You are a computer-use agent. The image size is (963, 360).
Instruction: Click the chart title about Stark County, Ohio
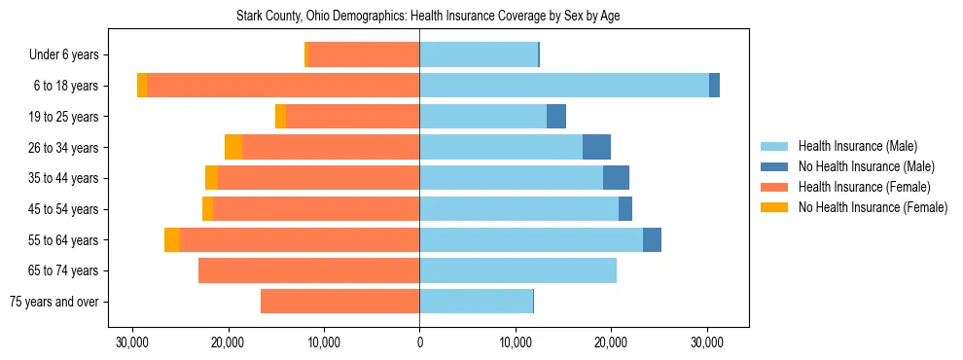[428, 17]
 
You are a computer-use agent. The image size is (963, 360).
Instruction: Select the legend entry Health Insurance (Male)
[856, 146]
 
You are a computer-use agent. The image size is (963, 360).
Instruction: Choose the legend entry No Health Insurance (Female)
[873, 207]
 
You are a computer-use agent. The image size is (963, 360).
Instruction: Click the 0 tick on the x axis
[419, 342]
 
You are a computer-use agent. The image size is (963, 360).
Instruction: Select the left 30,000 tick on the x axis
[132, 342]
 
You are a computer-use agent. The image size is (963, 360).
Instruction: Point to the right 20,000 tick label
[611, 342]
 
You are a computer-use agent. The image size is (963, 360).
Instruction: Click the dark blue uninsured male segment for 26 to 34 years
[596, 147]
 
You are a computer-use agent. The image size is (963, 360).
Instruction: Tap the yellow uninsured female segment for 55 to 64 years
[172, 239]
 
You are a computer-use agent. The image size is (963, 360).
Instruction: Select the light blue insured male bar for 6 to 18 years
[564, 86]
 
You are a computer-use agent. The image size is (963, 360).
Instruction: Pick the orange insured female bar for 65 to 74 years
[308, 270]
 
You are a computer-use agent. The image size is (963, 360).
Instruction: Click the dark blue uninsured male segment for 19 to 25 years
[556, 117]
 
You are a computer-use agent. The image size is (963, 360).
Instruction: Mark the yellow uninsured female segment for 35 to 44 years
[211, 178]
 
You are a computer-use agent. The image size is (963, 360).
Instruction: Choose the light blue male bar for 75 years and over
[476, 302]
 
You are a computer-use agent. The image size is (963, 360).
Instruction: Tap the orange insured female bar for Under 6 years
[363, 55]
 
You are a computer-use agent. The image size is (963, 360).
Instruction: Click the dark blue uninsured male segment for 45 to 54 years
[625, 209]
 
